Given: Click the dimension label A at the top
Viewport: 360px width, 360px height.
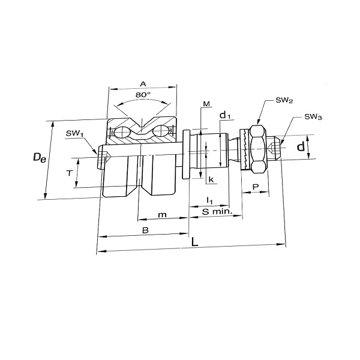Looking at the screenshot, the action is (x=143, y=84).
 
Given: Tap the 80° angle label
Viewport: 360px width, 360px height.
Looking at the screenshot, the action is (x=143, y=95).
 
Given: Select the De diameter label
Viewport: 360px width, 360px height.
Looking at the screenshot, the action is (x=40, y=158).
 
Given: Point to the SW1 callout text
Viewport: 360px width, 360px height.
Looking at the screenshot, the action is (x=74, y=133).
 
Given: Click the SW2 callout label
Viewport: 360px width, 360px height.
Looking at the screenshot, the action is (x=284, y=101).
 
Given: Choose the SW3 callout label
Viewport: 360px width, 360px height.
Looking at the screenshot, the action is (x=313, y=117).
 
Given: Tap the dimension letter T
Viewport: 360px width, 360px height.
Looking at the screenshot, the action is (x=70, y=173).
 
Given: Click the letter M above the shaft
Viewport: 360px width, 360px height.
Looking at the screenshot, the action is (x=206, y=104).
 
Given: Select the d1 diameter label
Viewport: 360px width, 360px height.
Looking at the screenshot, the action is (x=225, y=115).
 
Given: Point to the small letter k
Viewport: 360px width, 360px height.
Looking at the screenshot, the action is (x=211, y=179).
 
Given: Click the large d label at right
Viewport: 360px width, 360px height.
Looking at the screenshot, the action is (x=301, y=146).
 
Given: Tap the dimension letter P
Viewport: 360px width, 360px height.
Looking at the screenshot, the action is (x=256, y=187).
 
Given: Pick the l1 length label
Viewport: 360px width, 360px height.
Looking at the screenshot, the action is (x=209, y=200).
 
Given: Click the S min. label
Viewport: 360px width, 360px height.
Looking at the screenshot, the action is (x=217, y=212).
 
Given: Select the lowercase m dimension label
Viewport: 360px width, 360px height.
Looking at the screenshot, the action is (x=163, y=215).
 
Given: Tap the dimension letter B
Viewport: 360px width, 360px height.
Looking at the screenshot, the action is (x=146, y=230).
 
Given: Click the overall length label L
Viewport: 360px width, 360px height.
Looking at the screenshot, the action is (x=194, y=242).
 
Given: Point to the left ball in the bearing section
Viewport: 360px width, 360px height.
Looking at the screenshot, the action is (x=122, y=132).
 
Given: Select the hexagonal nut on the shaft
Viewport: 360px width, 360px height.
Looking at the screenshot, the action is (x=259, y=149).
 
